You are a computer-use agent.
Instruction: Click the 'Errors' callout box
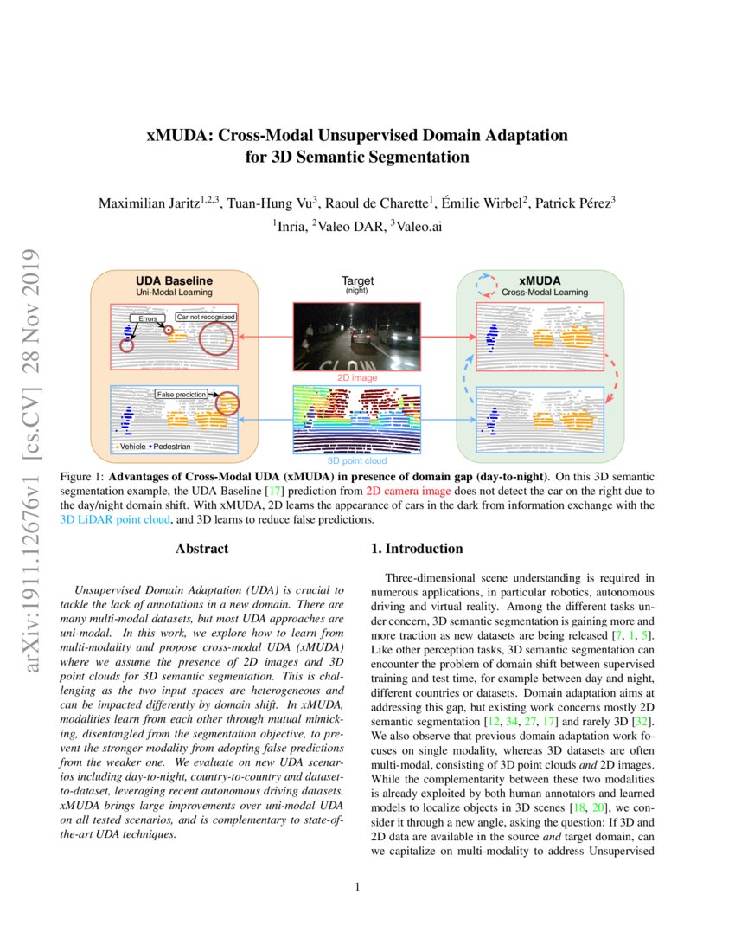click(x=145, y=319)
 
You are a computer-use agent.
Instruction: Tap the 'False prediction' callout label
click(x=181, y=395)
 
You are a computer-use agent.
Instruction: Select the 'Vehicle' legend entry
click(x=132, y=447)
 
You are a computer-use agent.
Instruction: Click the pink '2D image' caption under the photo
click(x=357, y=378)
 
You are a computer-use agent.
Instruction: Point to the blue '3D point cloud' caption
click(x=357, y=461)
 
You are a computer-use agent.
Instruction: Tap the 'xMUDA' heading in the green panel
click(x=540, y=281)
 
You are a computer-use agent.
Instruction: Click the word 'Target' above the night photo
click(x=357, y=280)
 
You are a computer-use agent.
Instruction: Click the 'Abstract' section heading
click(x=201, y=549)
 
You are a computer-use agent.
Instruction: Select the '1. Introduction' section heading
click(x=417, y=549)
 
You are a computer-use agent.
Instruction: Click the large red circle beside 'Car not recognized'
click(x=215, y=339)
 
